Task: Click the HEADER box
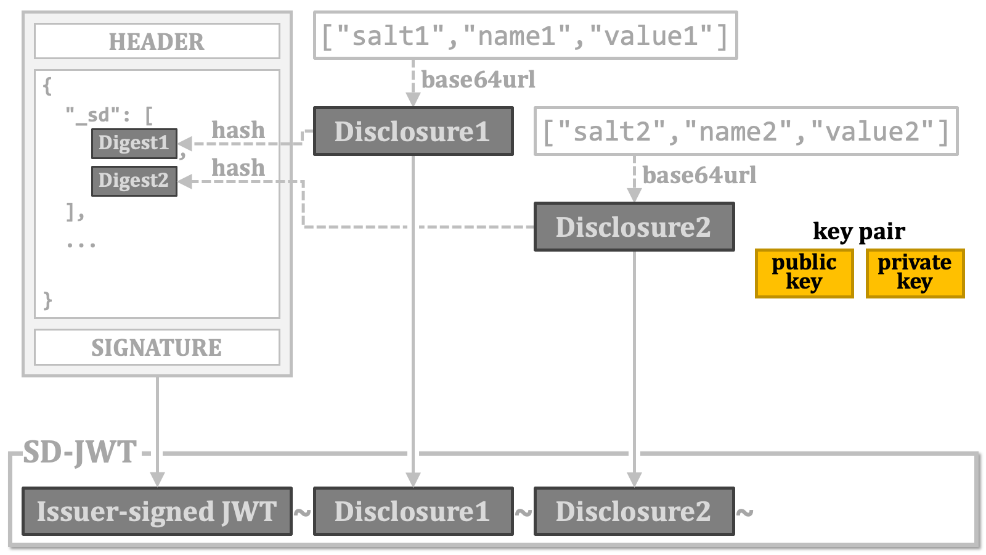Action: coord(157,41)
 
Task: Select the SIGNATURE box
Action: coord(157,347)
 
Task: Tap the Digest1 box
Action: coord(134,143)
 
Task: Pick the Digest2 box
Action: coord(134,181)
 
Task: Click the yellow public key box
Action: coord(804,273)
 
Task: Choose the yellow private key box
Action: coord(915,273)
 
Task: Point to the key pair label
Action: coord(859,231)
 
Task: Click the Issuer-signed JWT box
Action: coord(157,511)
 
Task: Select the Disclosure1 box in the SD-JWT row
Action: coord(414,511)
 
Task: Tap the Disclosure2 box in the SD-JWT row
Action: coord(634,511)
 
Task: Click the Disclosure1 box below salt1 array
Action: coord(414,131)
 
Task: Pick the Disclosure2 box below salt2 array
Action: coord(634,226)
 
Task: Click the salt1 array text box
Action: coord(526,35)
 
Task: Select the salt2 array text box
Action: coord(746,131)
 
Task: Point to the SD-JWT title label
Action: coord(79,452)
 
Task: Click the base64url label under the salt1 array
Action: coord(478,80)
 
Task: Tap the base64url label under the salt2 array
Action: coord(699,175)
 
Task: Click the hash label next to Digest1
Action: coord(238,130)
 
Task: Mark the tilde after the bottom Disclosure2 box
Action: coord(744,512)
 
